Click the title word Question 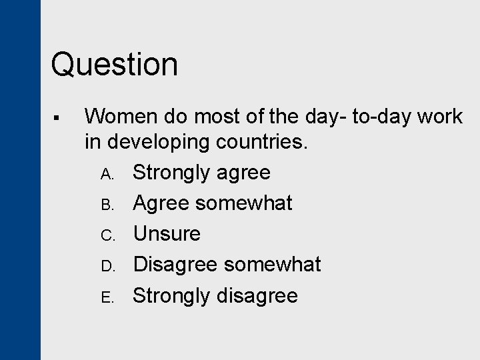[115, 65]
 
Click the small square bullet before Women [59, 118]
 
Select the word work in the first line [437, 117]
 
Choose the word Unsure [167, 234]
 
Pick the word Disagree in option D [175, 265]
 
